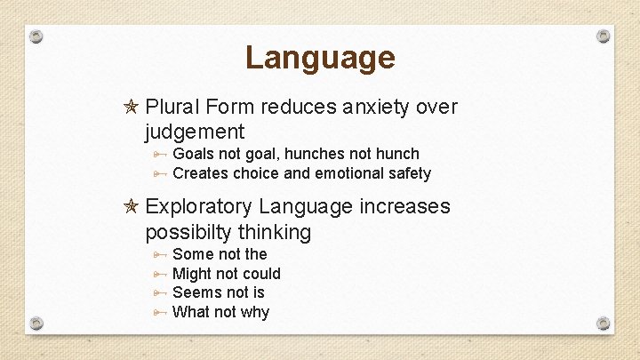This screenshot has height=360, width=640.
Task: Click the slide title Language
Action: pyautogui.click(x=320, y=58)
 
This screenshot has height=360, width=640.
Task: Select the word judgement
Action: pyautogui.click(x=195, y=132)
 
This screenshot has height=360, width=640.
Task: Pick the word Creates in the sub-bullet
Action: pyautogui.click(x=200, y=174)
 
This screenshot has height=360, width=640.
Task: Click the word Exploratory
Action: pyautogui.click(x=199, y=207)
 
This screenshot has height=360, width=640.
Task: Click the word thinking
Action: pyautogui.click(x=280, y=233)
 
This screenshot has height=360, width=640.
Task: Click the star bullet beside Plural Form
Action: pyautogui.click(x=130, y=108)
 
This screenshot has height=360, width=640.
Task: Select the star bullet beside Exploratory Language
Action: pyautogui.click(x=130, y=207)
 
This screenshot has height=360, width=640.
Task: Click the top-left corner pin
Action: pyautogui.click(x=36, y=37)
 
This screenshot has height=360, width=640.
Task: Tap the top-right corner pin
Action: pyautogui.click(x=604, y=36)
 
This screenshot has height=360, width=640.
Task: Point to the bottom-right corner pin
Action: pyautogui.click(x=604, y=323)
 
